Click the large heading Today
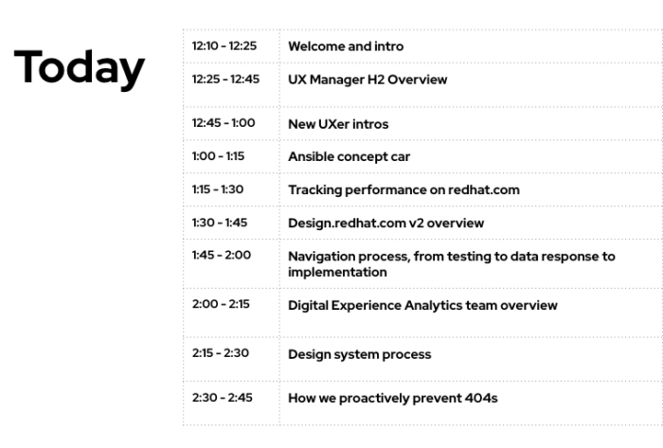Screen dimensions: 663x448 click(80, 67)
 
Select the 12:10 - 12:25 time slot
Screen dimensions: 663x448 click(224, 45)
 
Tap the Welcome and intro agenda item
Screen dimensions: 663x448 click(346, 46)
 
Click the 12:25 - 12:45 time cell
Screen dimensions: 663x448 click(225, 79)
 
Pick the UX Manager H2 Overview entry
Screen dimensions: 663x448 click(367, 80)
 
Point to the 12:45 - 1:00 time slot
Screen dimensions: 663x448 click(224, 122)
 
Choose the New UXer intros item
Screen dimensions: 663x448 click(338, 124)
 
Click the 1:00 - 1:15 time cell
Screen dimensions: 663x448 click(218, 156)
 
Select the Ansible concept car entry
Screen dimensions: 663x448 click(349, 157)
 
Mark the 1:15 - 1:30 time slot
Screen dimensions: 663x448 click(218, 188)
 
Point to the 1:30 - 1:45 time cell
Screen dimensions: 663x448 click(220, 223)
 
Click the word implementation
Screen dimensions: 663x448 click(337, 272)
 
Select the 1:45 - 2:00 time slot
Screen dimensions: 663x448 click(222, 255)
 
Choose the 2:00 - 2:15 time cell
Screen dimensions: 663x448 click(221, 304)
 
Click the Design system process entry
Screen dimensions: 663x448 click(359, 354)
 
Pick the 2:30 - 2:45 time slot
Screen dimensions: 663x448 click(222, 397)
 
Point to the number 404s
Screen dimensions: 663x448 click(481, 398)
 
